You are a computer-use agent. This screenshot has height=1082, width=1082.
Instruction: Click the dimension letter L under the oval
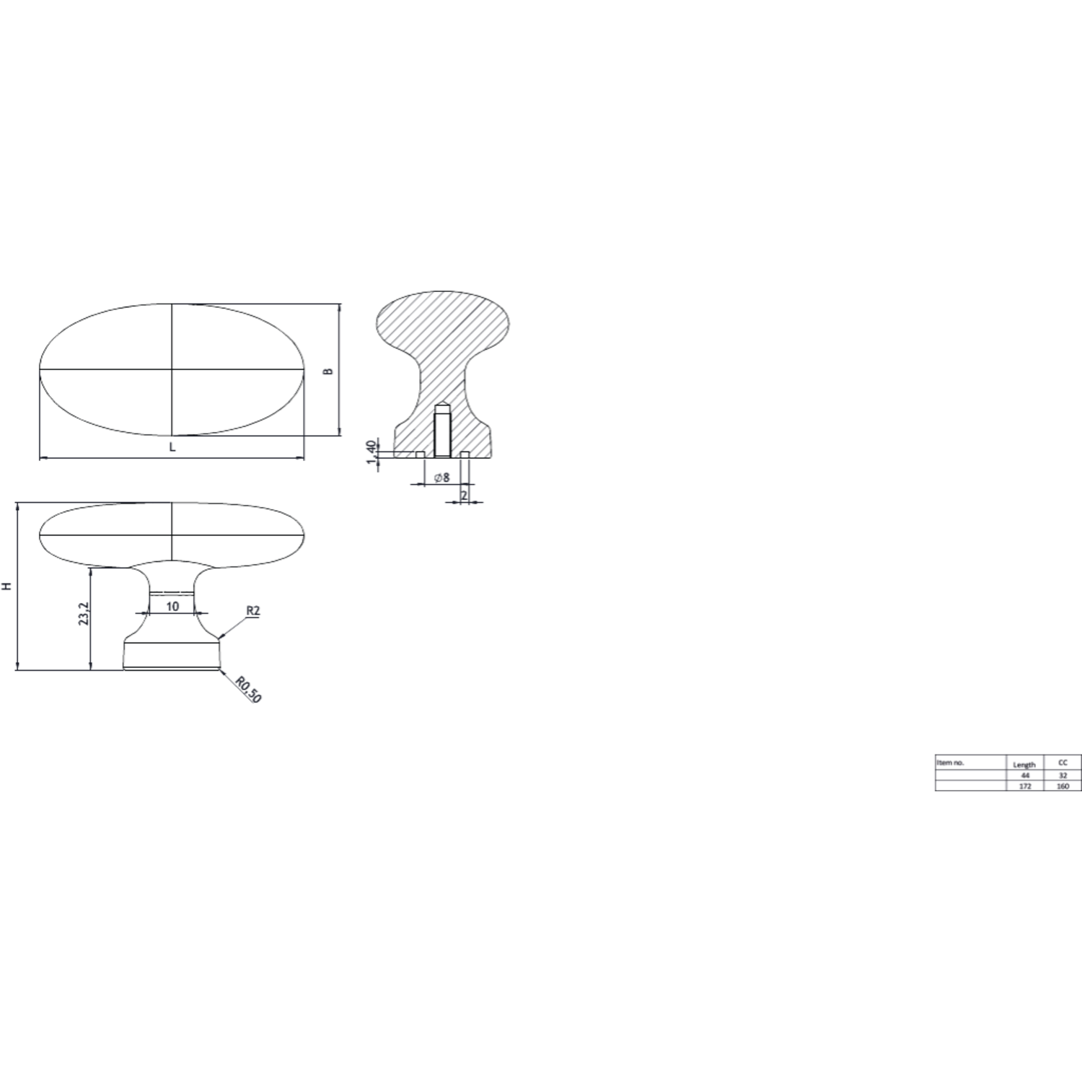172,447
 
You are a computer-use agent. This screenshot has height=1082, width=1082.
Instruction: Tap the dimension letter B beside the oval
328,371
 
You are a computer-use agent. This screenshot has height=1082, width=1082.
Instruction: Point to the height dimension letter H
7,586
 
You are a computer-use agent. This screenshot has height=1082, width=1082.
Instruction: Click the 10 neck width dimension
172,607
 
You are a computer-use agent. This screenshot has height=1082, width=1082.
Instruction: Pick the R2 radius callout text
252,611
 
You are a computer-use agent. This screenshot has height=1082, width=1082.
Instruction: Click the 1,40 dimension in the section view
371,452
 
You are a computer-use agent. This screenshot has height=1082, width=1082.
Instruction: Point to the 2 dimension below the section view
464,496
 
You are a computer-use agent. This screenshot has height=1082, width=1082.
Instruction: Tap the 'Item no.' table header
950,762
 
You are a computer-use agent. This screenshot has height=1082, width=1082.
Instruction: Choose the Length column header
1024,765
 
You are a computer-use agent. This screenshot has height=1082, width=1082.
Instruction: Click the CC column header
1063,762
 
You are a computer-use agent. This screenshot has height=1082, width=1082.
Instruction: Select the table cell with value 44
1025,775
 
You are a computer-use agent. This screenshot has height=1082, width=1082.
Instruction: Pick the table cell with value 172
1025,786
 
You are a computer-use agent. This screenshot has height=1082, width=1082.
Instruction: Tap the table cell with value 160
1063,786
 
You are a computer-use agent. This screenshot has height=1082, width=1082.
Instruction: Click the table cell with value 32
1063,775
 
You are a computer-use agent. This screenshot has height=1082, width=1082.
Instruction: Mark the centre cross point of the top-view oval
172,369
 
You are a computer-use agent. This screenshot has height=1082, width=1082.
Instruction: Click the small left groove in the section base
420,454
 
